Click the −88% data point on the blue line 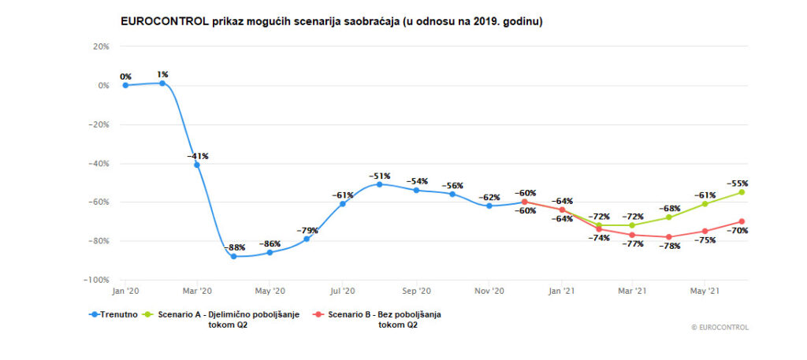[x=233, y=257]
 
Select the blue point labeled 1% [x=162, y=83]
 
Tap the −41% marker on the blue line [x=197, y=165]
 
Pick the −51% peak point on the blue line [x=379, y=184]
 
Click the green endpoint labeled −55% [x=742, y=192]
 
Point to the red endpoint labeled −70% [x=742, y=221]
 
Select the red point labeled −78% [x=669, y=237]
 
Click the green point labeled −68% [x=669, y=217]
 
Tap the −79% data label [x=307, y=230]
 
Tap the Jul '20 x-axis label [x=343, y=291]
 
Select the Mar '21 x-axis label [x=633, y=291]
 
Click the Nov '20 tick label [x=489, y=291]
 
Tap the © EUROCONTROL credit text [x=720, y=328]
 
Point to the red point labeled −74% [x=597, y=228]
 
